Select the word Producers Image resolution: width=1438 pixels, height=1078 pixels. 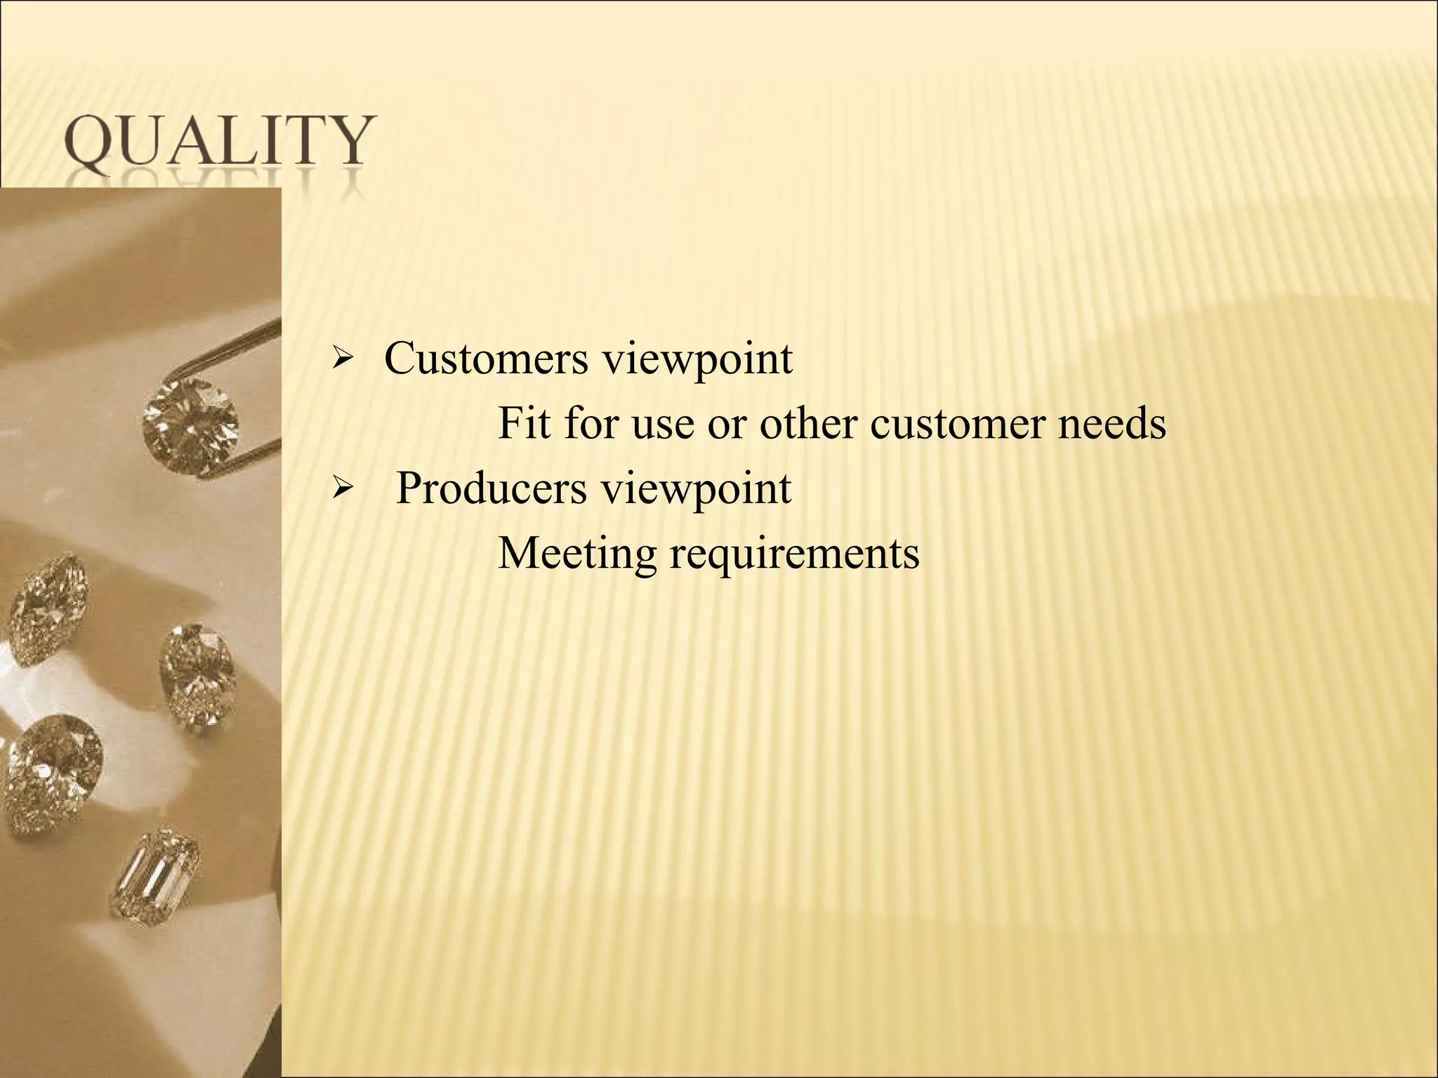click(491, 488)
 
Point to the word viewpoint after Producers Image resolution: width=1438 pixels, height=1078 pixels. click(697, 490)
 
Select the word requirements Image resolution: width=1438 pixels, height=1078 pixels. click(794, 554)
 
